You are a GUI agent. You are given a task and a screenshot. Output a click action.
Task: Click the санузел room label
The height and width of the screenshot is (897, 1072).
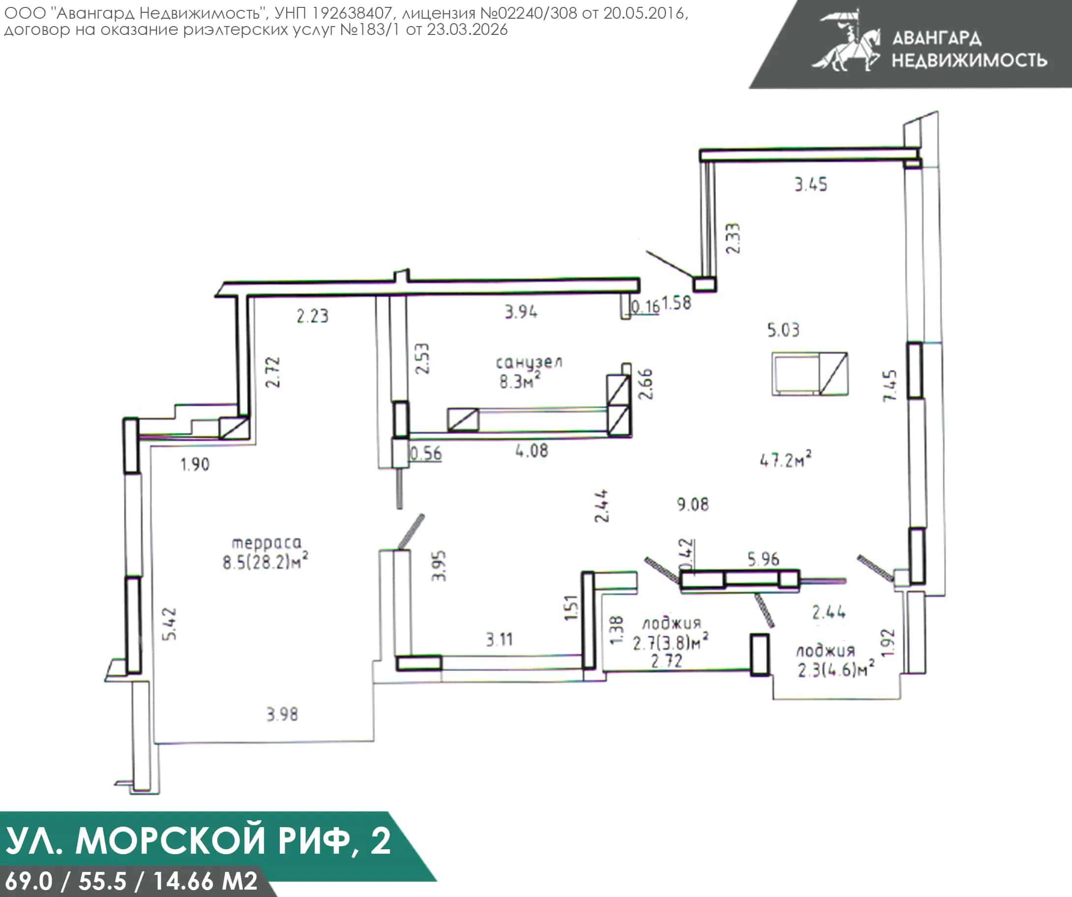click(529, 362)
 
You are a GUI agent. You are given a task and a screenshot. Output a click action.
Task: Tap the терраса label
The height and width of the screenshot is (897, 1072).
click(267, 543)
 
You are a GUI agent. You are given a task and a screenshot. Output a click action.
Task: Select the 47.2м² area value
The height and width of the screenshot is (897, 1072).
click(785, 459)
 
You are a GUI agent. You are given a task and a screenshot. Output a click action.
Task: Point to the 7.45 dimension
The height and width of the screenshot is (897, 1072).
click(890, 386)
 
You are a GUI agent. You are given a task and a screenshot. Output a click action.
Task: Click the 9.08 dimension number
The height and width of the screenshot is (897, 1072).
click(693, 505)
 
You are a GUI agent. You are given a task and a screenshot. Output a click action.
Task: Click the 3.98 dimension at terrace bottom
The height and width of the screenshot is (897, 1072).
click(282, 714)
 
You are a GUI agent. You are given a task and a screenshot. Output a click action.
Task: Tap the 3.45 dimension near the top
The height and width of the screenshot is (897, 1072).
click(810, 185)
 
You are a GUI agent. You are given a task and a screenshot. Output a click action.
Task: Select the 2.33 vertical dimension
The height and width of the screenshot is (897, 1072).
click(733, 239)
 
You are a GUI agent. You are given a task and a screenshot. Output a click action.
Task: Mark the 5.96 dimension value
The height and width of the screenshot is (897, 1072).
click(764, 559)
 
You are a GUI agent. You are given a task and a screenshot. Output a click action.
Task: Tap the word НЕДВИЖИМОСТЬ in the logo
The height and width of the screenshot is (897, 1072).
click(969, 61)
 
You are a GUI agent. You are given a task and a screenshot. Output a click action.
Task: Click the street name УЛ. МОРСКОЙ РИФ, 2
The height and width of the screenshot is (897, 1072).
click(198, 840)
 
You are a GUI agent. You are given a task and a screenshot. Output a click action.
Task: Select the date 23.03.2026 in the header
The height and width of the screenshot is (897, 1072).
click(467, 30)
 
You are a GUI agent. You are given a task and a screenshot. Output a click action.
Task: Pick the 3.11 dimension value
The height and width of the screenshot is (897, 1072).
click(499, 640)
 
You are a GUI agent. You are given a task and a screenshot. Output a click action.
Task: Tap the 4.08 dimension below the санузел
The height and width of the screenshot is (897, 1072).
click(532, 451)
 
